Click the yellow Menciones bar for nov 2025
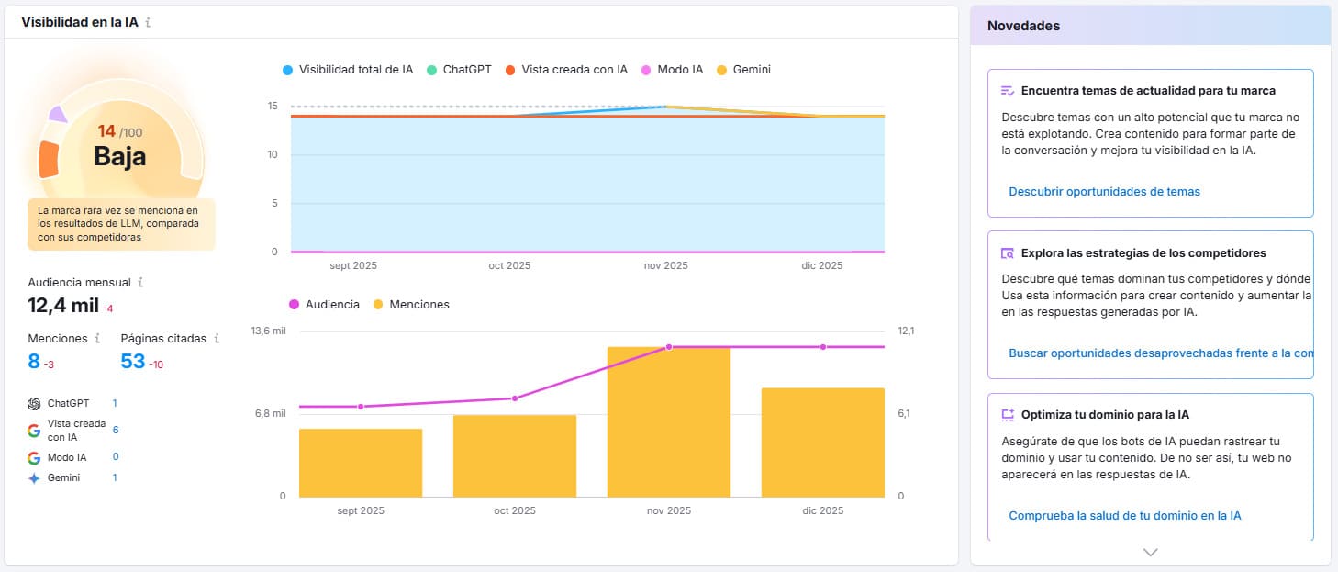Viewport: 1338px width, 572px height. pos(669,422)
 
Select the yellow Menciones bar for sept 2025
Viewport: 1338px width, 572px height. pos(361,463)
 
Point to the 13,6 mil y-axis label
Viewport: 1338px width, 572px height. pos(269,331)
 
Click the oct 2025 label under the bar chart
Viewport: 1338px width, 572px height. pos(514,510)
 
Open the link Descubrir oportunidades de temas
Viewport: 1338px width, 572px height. pos(1104,192)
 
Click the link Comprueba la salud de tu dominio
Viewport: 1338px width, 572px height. pos(1124,516)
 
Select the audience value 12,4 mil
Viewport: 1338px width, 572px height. pos(63,306)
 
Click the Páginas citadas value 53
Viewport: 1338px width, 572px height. pos(133,362)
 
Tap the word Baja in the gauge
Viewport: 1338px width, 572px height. pos(119,157)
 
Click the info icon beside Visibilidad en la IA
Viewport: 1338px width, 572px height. pos(148,22)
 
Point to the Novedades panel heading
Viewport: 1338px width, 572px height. pos(1023,26)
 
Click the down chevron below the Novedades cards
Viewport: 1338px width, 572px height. pos(1150,552)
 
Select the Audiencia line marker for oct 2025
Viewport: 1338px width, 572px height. pos(515,398)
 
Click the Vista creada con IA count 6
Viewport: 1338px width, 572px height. pos(116,430)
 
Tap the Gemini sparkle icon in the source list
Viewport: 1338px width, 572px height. pos(34,478)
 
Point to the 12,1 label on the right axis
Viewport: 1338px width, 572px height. pos(906,331)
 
